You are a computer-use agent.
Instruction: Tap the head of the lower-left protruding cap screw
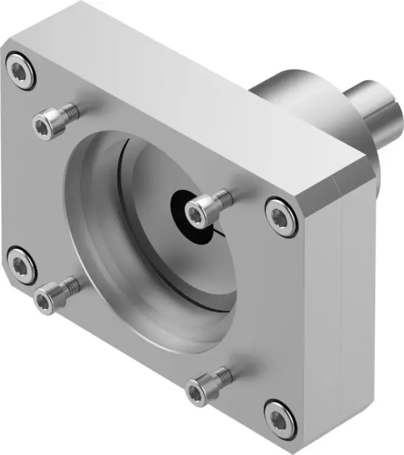[x=44, y=298]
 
